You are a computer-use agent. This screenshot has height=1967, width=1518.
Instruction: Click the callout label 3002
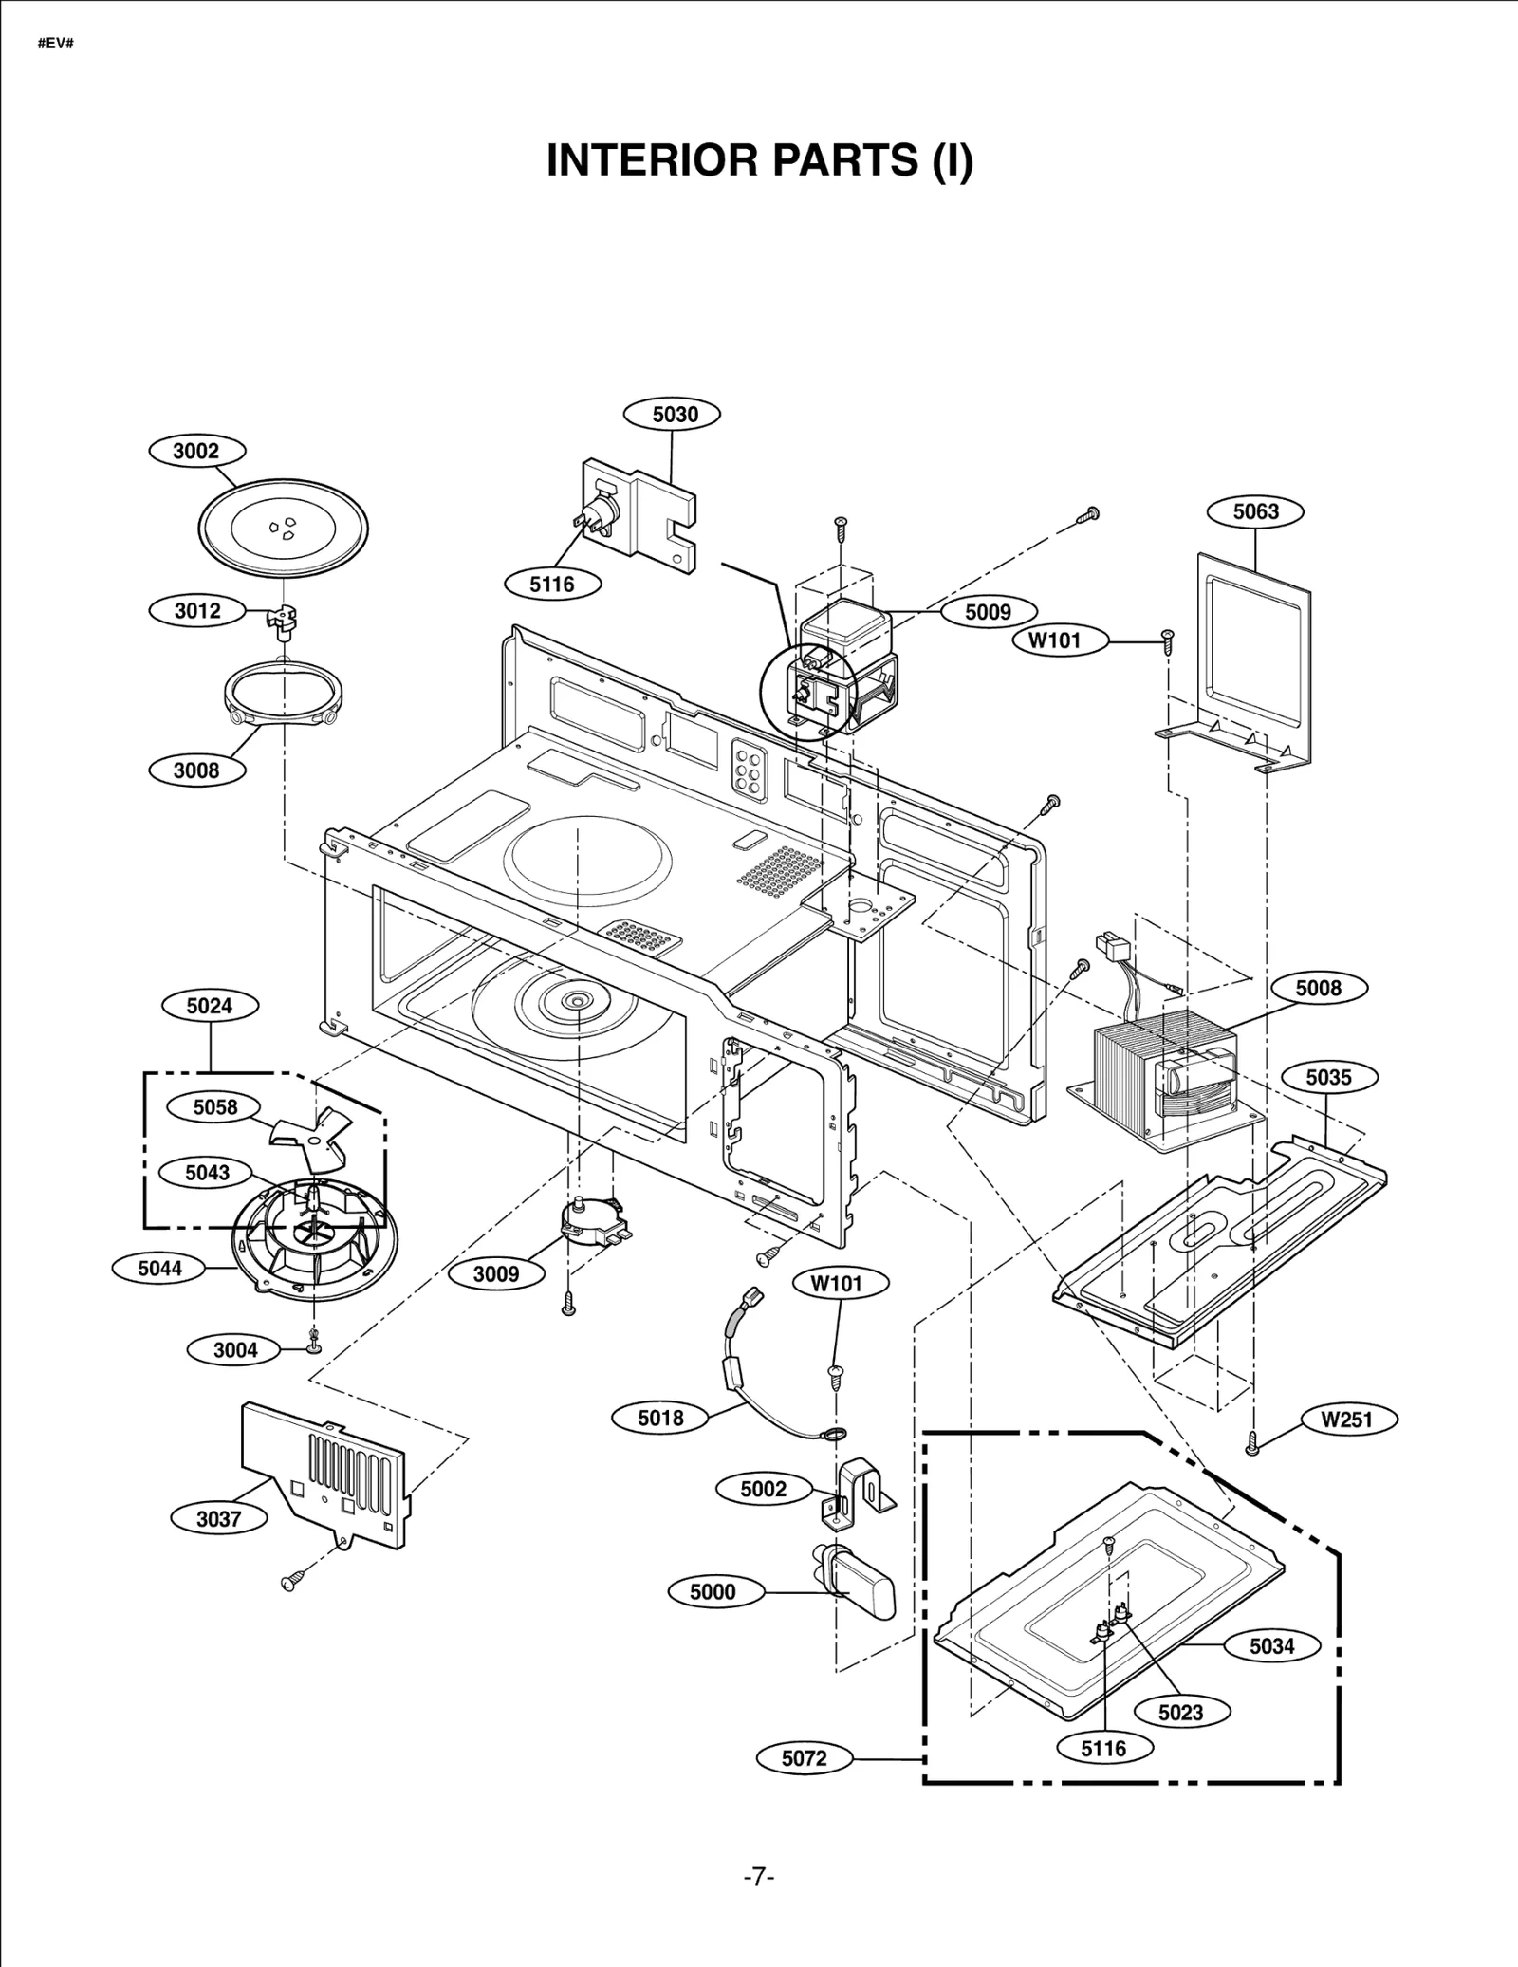point(196,451)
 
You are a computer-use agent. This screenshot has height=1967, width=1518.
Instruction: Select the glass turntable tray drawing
point(283,528)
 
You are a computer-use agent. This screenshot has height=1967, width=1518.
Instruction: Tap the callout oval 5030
point(674,414)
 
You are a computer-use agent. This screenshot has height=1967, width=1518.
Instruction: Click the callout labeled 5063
point(1255,511)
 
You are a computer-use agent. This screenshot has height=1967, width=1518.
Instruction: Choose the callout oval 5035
point(1328,1077)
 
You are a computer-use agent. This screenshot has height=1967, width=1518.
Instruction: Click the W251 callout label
point(1346,1420)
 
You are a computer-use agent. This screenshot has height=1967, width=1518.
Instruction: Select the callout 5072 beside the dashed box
point(804,1758)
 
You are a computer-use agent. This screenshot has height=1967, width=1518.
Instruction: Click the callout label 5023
point(1181,1713)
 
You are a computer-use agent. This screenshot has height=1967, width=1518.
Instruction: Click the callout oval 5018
point(660,1418)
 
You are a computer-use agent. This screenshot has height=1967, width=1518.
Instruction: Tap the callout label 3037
point(218,1518)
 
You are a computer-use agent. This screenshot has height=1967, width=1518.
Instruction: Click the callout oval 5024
point(209,1006)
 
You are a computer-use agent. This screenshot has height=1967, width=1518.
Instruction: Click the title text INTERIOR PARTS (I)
point(760,160)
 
